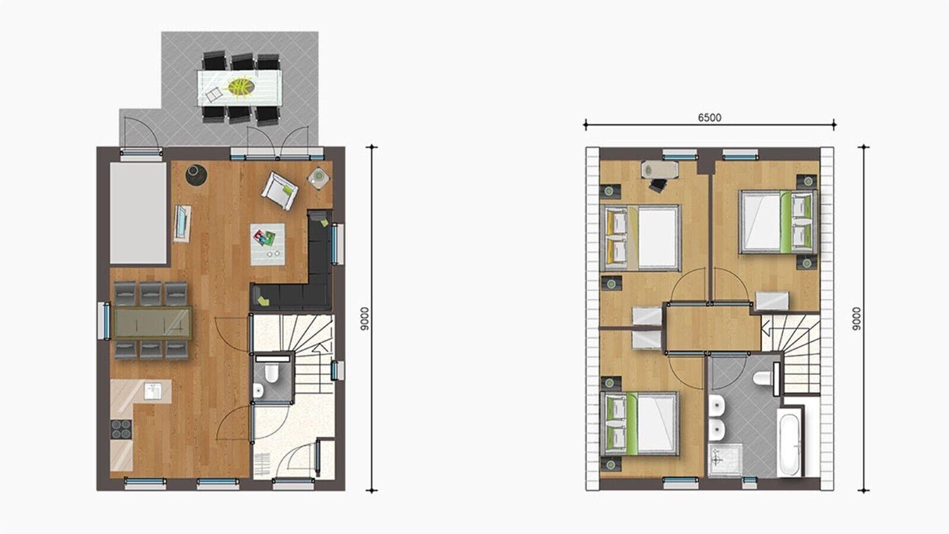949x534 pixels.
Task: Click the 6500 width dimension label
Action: pos(709,117)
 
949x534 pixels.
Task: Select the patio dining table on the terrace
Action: pos(238,88)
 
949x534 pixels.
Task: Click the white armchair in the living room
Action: pos(279,190)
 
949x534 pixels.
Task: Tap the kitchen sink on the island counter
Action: pos(153,390)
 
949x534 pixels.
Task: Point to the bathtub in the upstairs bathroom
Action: pos(789,443)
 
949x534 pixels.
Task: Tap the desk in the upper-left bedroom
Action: pos(658,170)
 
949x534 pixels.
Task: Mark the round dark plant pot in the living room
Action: pos(194,174)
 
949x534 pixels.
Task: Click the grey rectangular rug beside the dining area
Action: pos(138,214)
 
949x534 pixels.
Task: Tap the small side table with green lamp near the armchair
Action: pos(319,176)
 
